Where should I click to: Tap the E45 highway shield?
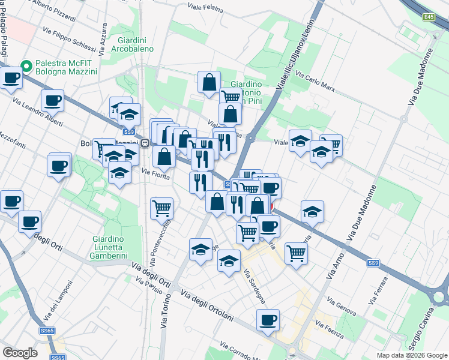[428, 18]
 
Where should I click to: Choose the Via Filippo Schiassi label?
[69, 38]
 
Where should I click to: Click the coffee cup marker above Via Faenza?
[268, 319]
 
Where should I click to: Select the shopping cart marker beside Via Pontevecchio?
[161, 208]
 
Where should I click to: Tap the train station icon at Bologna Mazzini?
[145, 143]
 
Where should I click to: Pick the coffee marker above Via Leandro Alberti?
[52, 101]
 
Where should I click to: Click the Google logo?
[20, 353]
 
